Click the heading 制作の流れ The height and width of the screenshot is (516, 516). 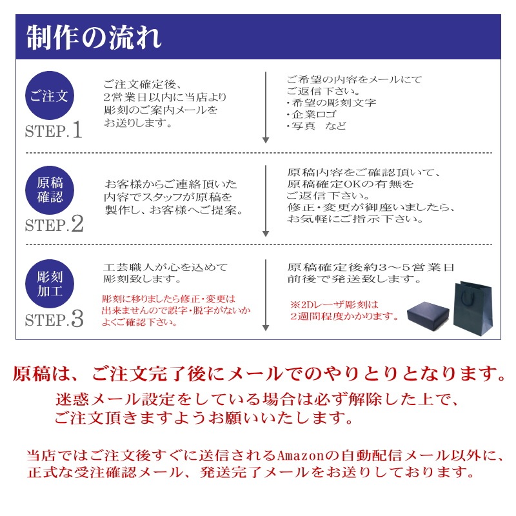pos(94,38)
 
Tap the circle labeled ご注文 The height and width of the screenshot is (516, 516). pos(50,97)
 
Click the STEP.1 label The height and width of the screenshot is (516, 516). pos(54,131)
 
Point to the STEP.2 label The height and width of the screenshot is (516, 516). pos(54,224)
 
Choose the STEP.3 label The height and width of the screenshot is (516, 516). pos(54,319)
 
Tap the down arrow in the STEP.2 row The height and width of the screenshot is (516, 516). pos(266,201)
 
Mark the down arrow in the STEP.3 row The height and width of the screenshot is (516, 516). pos(266,295)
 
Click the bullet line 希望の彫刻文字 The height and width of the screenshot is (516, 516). pos(331,103)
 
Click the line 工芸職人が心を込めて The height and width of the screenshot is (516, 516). pos(165,267)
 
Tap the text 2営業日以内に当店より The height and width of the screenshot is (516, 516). pos(165,97)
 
